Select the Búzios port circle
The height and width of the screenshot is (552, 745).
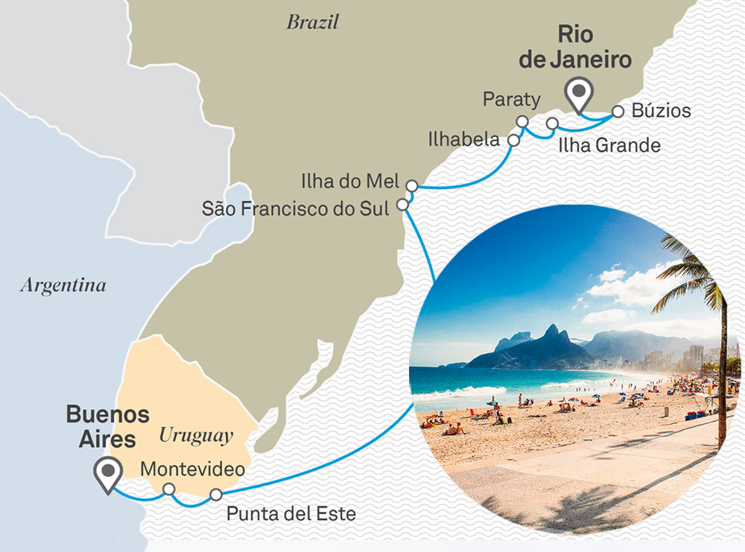618,112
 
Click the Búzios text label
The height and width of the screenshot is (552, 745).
661,112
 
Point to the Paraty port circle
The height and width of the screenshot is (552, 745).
522,121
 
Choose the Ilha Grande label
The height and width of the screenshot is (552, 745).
609,145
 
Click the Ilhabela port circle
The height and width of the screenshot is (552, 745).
513,139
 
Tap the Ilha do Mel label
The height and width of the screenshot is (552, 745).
350,181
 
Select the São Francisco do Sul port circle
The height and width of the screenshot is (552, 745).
403,204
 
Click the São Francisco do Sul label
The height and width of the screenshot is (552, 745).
296,208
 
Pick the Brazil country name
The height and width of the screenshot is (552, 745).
312,22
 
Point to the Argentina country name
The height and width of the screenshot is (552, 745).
63,285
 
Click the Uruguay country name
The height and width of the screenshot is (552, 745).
196,435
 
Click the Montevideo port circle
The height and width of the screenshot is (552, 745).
170,489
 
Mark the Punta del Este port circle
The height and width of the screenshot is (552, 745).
216,495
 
